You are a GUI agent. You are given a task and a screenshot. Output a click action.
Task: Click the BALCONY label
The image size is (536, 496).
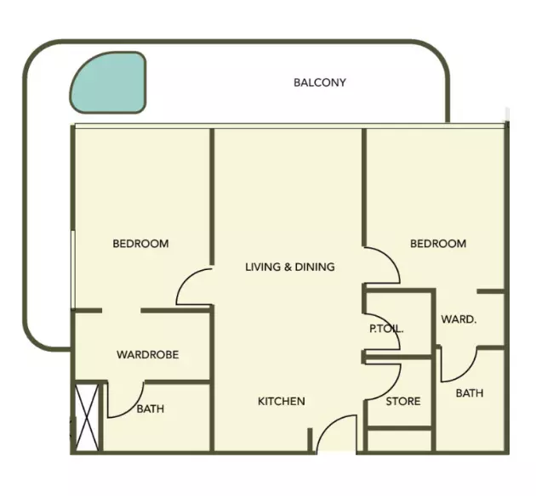320,82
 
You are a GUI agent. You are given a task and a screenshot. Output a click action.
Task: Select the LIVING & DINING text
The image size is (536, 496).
290,267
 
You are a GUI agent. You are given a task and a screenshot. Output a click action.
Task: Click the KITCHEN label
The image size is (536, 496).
282,401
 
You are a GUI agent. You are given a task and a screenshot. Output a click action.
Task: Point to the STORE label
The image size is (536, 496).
403,401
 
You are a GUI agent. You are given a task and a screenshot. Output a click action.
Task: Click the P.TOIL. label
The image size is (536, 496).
386,329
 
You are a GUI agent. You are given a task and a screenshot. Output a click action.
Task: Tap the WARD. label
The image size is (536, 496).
459,319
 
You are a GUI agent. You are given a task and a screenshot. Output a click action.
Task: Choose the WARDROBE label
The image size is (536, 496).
148,355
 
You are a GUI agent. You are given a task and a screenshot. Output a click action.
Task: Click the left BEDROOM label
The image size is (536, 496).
141,244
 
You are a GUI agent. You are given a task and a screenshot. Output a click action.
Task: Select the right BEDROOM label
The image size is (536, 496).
438,244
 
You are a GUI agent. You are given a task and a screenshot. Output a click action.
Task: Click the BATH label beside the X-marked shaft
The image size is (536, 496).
151,409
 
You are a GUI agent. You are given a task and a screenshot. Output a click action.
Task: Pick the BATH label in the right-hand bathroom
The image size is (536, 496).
470,393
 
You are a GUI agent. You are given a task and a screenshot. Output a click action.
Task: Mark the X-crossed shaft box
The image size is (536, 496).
87,418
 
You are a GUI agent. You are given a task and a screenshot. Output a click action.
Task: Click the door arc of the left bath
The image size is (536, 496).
134,408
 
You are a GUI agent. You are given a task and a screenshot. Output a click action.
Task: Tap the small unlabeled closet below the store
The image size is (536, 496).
399,441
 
